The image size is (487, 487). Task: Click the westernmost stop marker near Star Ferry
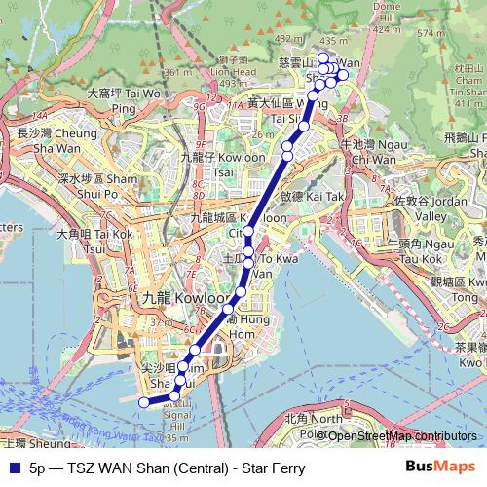pos(144,401)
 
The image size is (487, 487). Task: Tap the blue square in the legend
pos(12,468)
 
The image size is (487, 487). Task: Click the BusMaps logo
pos(441,468)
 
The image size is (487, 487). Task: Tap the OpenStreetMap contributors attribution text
pos(402,435)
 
